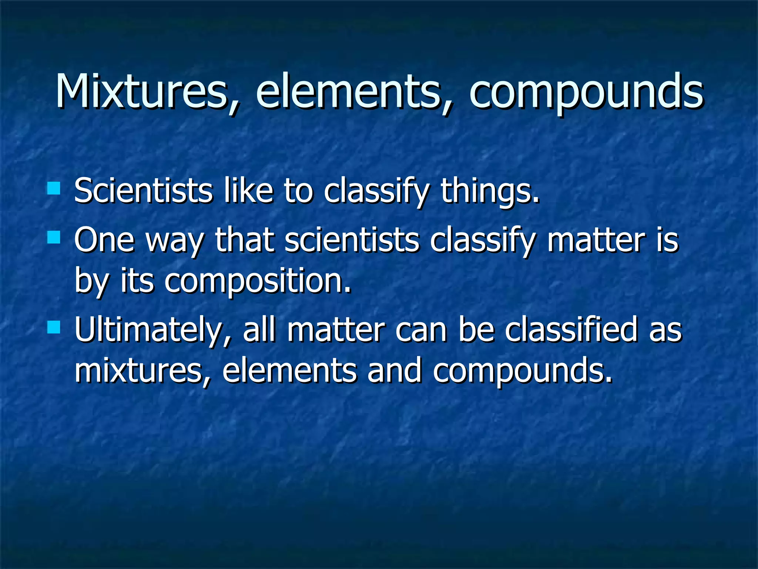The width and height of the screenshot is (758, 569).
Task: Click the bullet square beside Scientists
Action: [x=54, y=188]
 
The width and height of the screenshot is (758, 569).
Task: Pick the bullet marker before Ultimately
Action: [x=54, y=327]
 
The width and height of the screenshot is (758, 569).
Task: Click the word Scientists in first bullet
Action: [x=143, y=190]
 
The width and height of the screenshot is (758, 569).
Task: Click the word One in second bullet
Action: [x=104, y=240]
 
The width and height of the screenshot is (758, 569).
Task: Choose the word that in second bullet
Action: [x=245, y=240]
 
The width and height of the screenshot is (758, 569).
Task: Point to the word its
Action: [x=137, y=280]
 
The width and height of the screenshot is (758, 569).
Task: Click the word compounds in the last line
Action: [x=522, y=372]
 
